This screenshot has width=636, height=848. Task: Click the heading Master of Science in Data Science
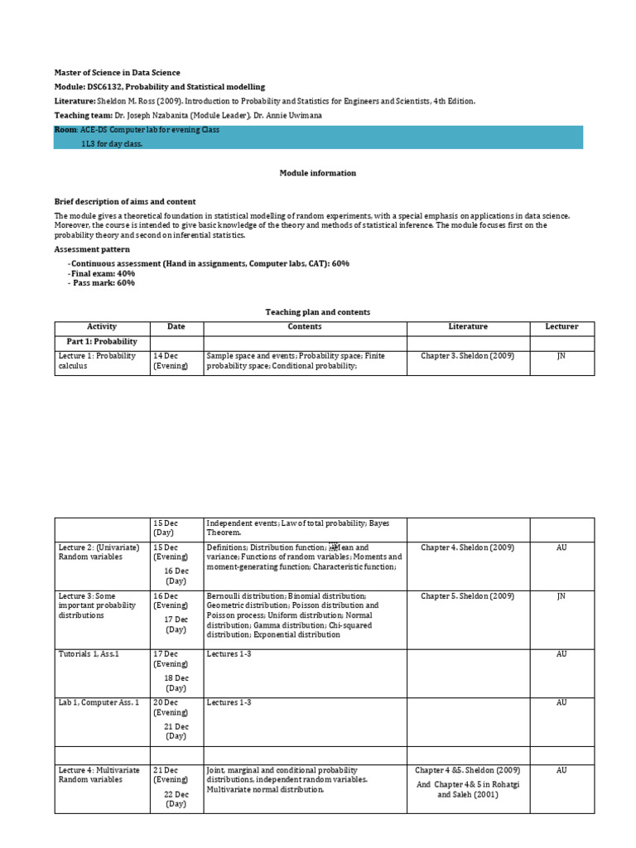(x=117, y=73)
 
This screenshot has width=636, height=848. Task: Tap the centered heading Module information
(x=317, y=173)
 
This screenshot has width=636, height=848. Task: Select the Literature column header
(x=468, y=327)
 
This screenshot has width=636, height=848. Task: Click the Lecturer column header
(x=561, y=327)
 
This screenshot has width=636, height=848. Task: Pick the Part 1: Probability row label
(x=102, y=342)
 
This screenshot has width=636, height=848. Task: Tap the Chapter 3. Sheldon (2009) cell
(x=468, y=356)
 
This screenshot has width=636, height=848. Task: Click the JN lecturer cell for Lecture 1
(x=561, y=356)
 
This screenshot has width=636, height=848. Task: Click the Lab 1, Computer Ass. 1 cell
(x=99, y=702)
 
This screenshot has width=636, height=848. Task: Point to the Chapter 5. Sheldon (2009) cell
(x=468, y=596)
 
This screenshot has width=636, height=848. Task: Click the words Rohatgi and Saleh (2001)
(x=468, y=789)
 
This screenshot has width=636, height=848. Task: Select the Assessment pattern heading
(x=92, y=249)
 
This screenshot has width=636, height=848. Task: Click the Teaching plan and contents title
(x=317, y=312)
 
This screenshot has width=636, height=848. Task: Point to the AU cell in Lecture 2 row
(x=561, y=547)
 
